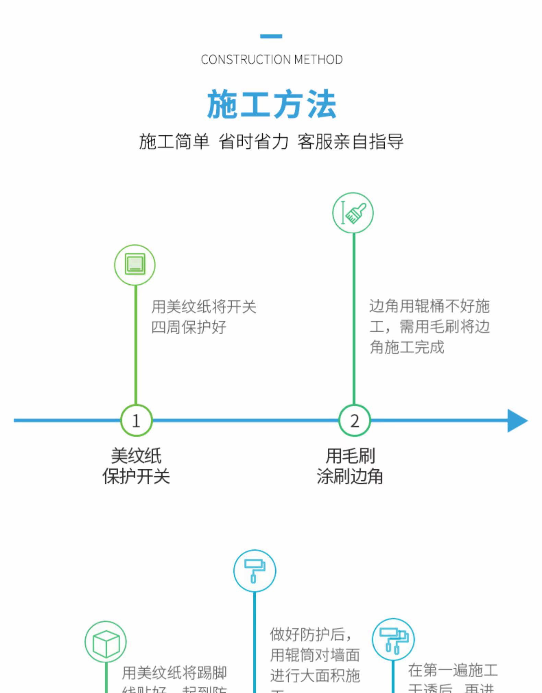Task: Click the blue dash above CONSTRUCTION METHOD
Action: click(x=271, y=36)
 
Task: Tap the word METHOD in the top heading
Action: click(x=318, y=60)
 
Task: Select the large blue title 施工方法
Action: click(x=271, y=104)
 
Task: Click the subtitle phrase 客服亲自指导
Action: click(x=350, y=141)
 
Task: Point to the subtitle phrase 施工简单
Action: click(x=174, y=141)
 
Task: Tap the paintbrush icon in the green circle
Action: click(x=353, y=213)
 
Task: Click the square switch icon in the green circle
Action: click(x=135, y=264)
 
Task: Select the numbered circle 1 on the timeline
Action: click(x=136, y=420)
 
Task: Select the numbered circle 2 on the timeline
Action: click(x=354, y=420)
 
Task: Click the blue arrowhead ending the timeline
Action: click(x=517, y=420)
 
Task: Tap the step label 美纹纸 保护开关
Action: click(x=136, y=466)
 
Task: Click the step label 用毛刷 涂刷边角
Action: click(x=350, y=466)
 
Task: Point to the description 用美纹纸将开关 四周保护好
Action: click(x=204, y=317)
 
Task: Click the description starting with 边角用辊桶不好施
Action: click(x=429, y=326)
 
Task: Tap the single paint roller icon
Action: click(x=254, y=570)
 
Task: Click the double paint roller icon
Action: click(x=393, y=639)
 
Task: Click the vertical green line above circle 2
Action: click(x=354, y=319)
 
